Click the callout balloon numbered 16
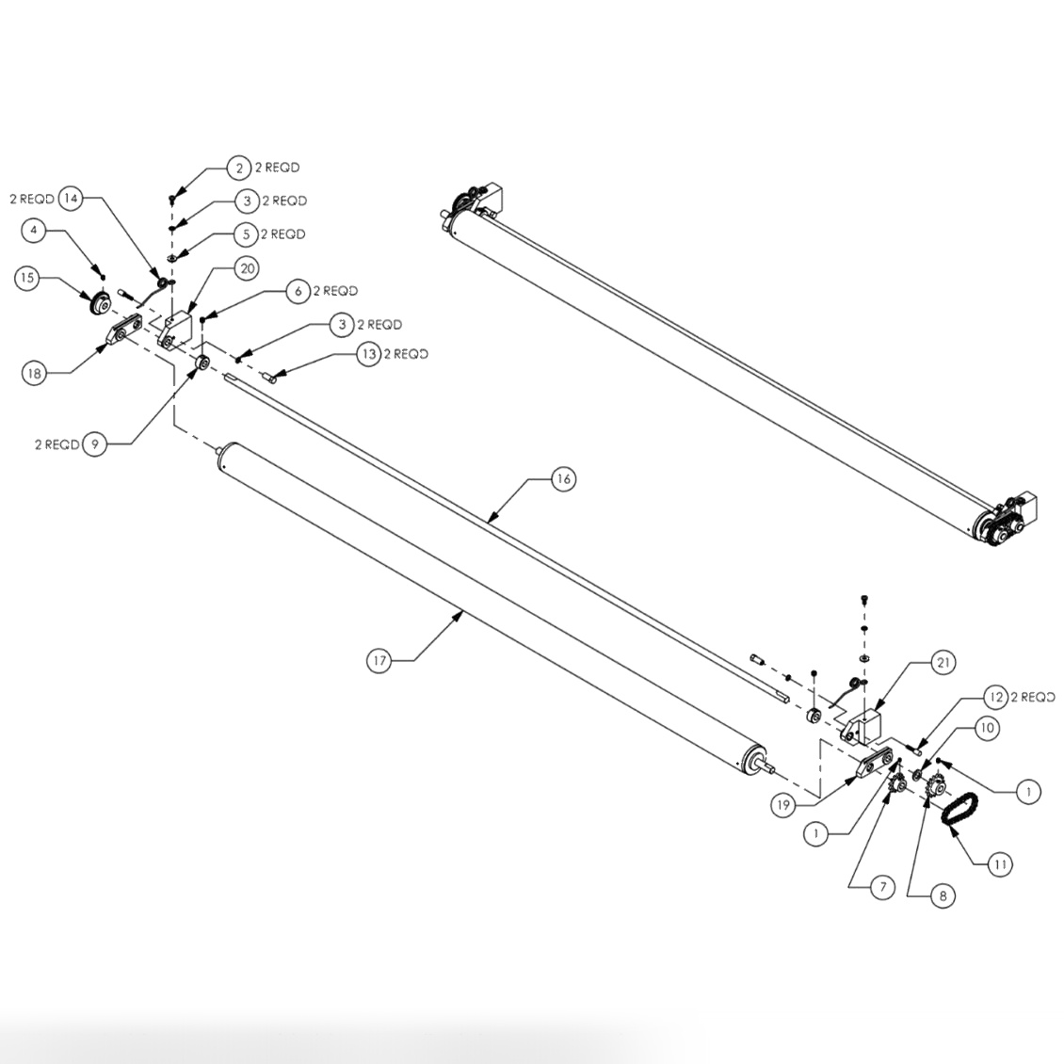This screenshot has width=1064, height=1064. click(x=563, y=479)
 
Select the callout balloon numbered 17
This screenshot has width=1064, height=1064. click(x=379, y=661)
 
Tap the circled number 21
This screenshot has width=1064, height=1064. click(x=942, y=663)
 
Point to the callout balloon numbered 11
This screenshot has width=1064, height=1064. click(x=1000, y=862)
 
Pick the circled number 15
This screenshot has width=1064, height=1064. click(x=27, y=278)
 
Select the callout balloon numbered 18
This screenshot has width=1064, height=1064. click(x=34, y=373)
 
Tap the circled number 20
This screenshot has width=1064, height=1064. click(x=247, y=268)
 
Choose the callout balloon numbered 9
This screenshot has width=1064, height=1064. click(x=94, y=444)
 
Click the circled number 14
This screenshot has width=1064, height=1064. click(x=71, y=199)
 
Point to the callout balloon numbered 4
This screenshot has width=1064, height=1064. click(x=34, y=229)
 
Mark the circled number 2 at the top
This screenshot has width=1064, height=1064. click(x=239, y=168)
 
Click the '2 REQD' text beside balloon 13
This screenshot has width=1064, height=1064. click(x=406, y=354)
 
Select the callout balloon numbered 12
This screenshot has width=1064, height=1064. click(x=996, y=698)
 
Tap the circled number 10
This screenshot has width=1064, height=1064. click(x=986, y=728)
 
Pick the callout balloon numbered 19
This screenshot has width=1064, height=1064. click(x=783, y=805)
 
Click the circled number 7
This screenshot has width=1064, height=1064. click(x=881, y=888)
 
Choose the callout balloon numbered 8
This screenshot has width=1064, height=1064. click(x=943, y=896)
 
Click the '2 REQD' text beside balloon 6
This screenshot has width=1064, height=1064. click(x=335, y=291)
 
